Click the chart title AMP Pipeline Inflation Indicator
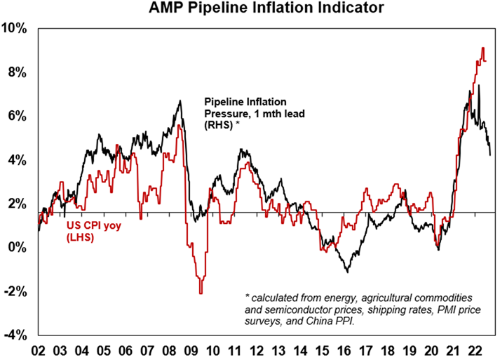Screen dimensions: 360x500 click(x=257, y=10)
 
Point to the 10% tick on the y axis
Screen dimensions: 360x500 click(x=15, y=29)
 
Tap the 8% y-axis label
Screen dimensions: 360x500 click(x=18, y=73)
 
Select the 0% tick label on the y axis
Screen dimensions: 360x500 click(x=18, y=248)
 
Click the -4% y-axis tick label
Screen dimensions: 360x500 click(x=15, y=335)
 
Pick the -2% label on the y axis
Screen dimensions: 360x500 click(x=15, y=291)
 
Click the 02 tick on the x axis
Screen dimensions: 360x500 click(x=39, y=349)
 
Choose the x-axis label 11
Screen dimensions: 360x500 click(x=236, y=349)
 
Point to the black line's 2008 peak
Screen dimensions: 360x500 click(x=180, y=101)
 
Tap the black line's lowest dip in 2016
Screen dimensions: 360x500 click(x=346, y=271)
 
